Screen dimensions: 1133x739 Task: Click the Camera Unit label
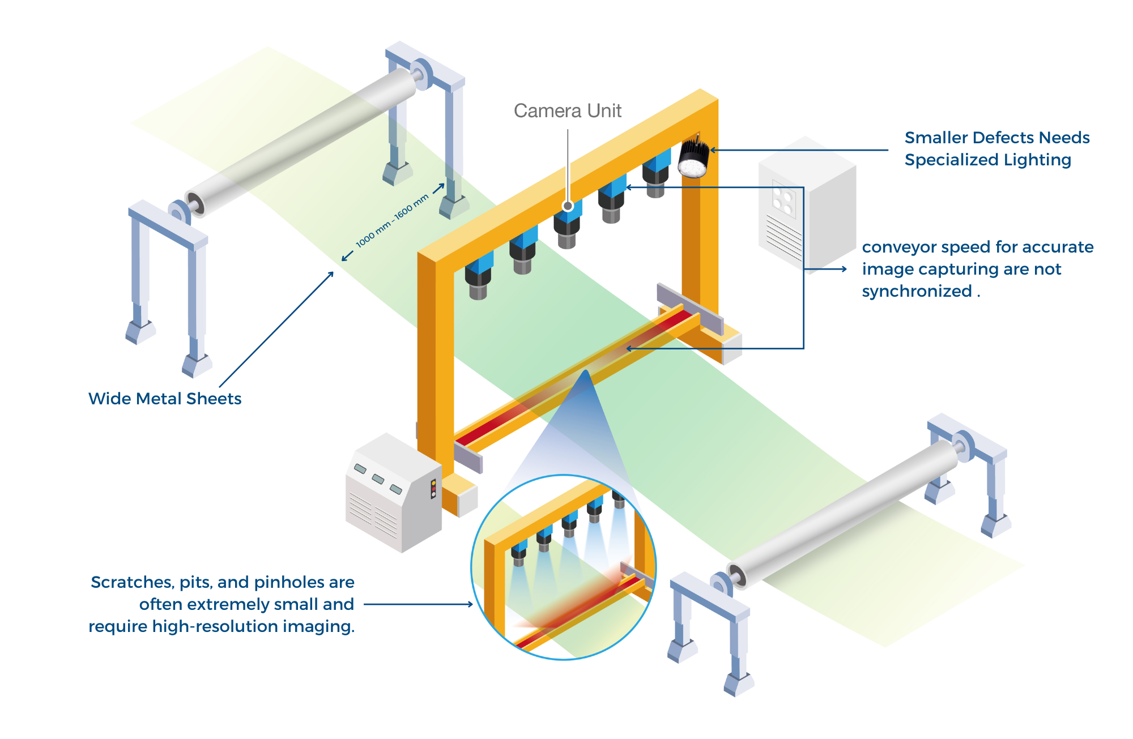click(x=567, y=110)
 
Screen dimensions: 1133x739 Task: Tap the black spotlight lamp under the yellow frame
click(x=693, y=159)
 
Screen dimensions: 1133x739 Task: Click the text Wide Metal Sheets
click(x=165, y=399)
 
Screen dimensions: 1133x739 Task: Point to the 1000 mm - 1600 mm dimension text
click(x=392, y=221)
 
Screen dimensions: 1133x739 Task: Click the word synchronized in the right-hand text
click(x=917, y=291)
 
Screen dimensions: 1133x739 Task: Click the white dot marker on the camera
click(x=568, y=206)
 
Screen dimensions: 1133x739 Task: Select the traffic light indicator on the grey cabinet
click(x=433, y=489)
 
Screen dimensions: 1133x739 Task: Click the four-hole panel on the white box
click(x=783, y=200)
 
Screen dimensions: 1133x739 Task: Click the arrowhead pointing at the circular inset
click(x=470, y=604)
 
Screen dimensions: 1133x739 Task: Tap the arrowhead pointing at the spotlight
click(x=713, y=150)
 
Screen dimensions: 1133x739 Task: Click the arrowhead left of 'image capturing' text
click(x=845, y=269)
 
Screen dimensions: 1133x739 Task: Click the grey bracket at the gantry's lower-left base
click(x=468, y=458)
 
